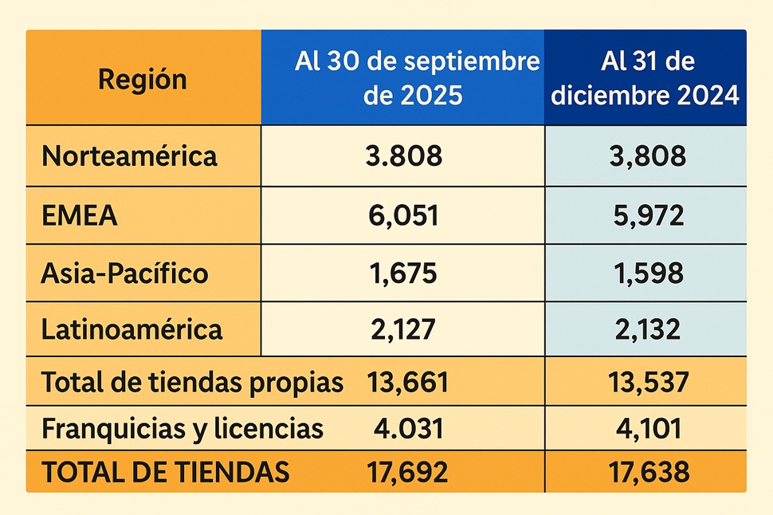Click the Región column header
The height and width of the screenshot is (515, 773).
(143, 79)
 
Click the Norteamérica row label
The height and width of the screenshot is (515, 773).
(129, 156)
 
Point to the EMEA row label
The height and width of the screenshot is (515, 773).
(80, 215)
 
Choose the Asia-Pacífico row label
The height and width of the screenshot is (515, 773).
(125, 273)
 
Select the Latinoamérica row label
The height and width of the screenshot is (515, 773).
(132, 328)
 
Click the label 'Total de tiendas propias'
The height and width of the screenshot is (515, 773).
(192, 383)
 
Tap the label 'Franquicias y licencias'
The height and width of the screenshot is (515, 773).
(182, 429)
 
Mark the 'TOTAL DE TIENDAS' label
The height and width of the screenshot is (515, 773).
(165, 473)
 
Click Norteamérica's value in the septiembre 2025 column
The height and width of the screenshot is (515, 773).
(403, 156)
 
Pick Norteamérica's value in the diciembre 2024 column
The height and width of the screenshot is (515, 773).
(645, 156)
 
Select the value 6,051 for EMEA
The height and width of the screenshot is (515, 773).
(403, 215)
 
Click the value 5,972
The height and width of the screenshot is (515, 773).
(645, 215)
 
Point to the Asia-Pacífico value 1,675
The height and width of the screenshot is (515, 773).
(403, 273)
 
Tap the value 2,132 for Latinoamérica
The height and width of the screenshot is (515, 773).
(645, 328)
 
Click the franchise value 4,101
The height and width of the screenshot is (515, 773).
(645, 429)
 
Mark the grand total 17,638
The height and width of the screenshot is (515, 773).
(645, 473)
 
